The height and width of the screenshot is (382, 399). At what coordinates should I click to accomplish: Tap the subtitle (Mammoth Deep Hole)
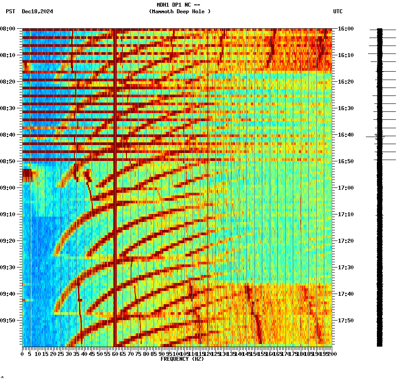tap(180, 11)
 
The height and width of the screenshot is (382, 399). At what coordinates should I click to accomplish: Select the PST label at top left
tap(10, 11)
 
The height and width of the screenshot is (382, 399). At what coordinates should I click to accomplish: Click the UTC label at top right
tap(338, 11)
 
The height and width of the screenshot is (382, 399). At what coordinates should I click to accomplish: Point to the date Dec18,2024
tap(37, 11)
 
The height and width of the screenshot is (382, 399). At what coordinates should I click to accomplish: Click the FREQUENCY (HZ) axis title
tap(182, 359)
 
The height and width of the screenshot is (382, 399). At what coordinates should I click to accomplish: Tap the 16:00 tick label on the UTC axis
tap(345, 29)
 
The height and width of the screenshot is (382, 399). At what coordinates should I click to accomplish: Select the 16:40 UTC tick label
tap(345, 135)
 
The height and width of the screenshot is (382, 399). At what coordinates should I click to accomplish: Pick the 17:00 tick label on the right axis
tap(345, 188)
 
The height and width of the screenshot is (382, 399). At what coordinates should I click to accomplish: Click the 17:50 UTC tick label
tap(345, 321)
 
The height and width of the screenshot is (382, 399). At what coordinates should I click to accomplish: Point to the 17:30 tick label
tap(345, 267)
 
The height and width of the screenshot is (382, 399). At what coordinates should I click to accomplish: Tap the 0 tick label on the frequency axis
tap(23, 354)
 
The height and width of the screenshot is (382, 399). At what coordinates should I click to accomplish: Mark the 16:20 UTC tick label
tap(345, 82)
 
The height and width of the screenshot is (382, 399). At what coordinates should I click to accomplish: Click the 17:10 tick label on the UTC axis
tap(345, 214)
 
